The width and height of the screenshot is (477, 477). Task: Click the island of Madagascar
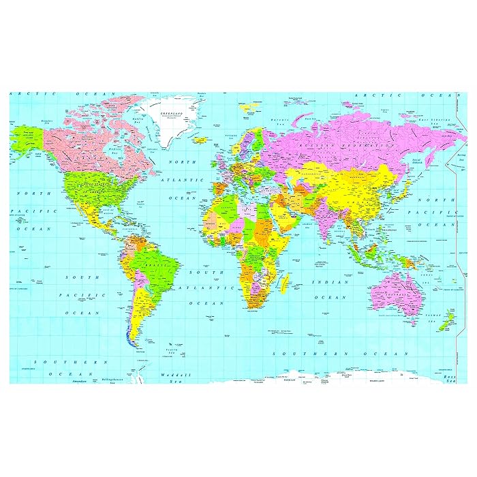click(x=285, y=279)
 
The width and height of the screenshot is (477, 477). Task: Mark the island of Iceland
click(x=200, y=140)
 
